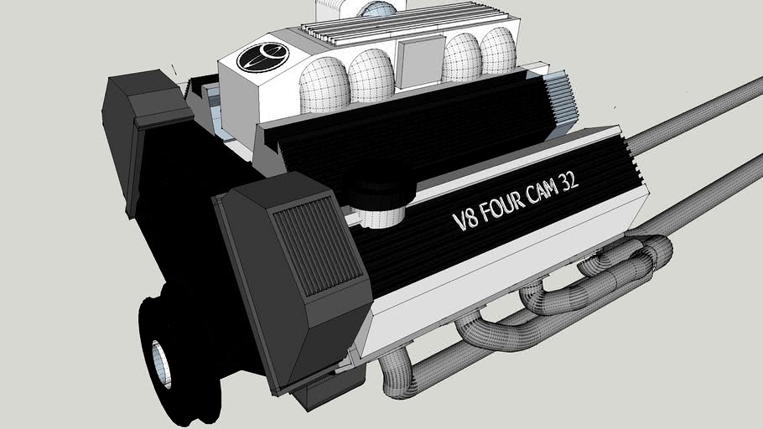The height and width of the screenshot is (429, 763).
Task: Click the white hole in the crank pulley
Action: tap(162, 363)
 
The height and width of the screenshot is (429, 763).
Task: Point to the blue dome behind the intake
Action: tap(377, 9)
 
